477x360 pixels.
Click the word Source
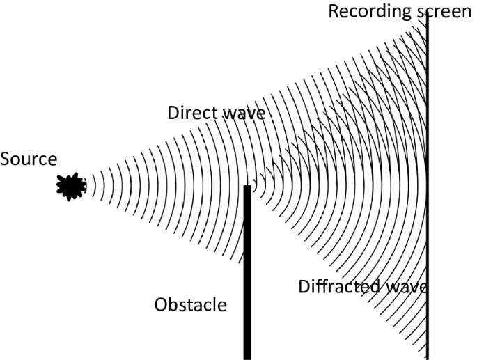28,159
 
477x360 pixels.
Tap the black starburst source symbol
71,186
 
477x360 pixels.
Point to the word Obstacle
190,305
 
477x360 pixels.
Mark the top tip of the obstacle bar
247,187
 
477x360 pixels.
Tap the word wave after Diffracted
406,286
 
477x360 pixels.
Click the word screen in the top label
444,11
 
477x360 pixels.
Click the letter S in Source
5,159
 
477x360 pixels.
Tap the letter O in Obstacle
161,305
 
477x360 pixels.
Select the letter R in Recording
333,11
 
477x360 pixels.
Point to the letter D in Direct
173,114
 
